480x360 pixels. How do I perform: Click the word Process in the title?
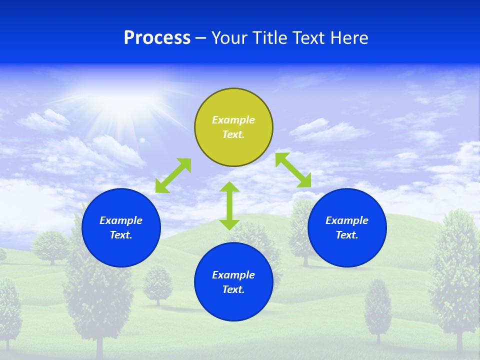click(157, 38)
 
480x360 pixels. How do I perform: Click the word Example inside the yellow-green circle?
click(233, 120)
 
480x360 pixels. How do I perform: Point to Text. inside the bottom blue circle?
click(233, 289)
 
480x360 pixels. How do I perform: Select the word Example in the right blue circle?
click(347, 220)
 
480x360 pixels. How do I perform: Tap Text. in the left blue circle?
click(121, 235)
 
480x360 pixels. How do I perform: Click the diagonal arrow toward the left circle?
click(173, 175)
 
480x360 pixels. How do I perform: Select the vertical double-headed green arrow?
click(229, 205)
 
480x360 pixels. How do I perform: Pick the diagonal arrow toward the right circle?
click(293, 170)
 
